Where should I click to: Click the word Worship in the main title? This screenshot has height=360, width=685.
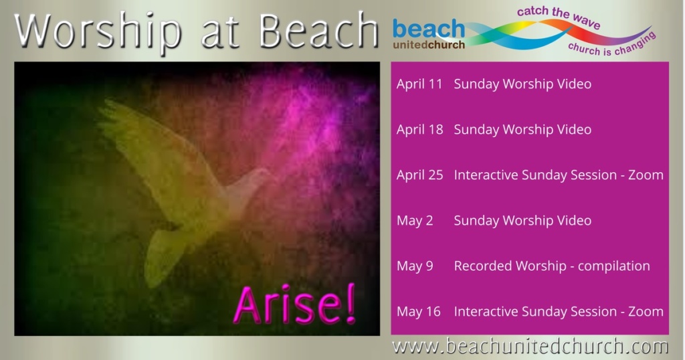pyautogui.click(x=98, y=32)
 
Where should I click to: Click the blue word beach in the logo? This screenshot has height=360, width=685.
pyautogui.click(x=429, y=28)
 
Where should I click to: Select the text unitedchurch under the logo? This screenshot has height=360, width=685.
pyautogui.click(x=429, y=45)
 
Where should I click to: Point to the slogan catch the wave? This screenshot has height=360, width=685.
pyautogui.click(x=559, y=17)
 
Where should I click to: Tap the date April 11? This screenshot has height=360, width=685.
pyautogui.click(x=419, y=84)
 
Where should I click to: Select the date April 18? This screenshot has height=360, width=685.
pyautogui.click(x=419, y=129)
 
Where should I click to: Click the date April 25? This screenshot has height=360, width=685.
pyautogui.click(x=419, y=175)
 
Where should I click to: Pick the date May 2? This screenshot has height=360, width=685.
pyautogui.click(x=415, y=221)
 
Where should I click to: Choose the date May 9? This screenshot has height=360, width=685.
pyautogui.click(x=415, y=266)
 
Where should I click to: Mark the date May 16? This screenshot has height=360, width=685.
pyautogui.click(x=419, y=312)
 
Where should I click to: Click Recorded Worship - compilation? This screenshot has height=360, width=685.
pyautogui.click(x=552, y=266)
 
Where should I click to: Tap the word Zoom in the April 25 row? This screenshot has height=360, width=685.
pyautogui.click(x=646, y=175)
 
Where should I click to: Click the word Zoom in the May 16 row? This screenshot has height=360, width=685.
pyautogui.click(x=646, y=312)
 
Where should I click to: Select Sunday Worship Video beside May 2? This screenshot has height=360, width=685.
pyautogui.click(x=522, y=221)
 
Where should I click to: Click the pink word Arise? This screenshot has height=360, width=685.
pyautogui.click(x=295, y=304)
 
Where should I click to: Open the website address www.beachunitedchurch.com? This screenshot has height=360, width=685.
pyautogui.click(x=530, y=347)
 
